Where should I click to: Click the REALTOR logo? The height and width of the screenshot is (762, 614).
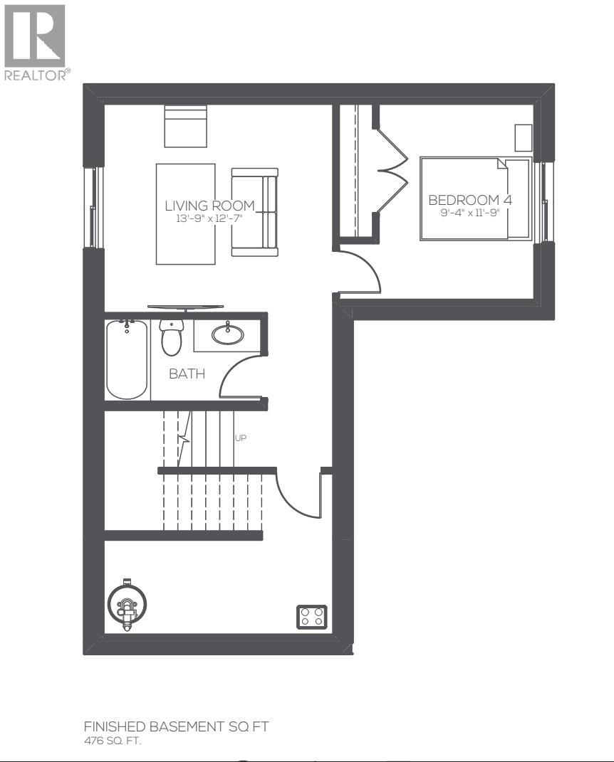35,41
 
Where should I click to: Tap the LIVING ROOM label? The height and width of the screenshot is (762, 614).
209,206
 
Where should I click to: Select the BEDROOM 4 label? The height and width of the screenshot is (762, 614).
469,200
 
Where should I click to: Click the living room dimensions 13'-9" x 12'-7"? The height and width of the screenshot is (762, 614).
209,218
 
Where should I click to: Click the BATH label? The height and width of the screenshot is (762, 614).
187,374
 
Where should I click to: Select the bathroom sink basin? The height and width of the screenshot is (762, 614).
227,334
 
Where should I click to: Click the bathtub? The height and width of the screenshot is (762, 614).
127,359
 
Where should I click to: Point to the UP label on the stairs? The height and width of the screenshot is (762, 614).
241,438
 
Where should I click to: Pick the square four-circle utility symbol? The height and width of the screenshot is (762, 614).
311,616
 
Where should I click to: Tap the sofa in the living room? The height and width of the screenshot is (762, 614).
254,212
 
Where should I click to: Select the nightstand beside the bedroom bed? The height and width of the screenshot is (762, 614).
523,138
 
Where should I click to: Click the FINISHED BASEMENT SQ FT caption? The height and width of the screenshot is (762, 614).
176,726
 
